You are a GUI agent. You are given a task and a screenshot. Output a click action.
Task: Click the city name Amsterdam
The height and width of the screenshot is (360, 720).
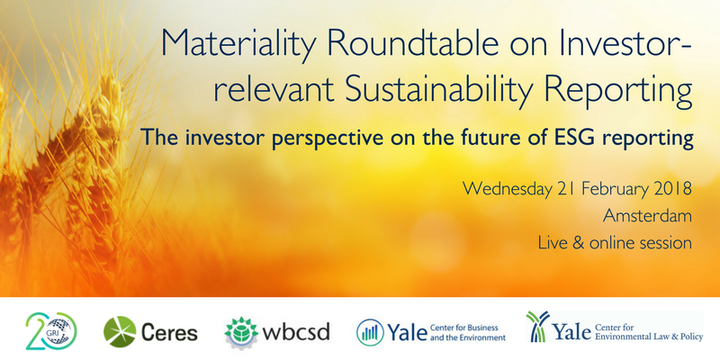point(647,216)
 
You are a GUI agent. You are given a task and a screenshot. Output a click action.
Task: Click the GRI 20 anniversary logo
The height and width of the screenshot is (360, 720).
point(51,331)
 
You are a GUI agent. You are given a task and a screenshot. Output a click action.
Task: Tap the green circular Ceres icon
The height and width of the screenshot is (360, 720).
point(120,331)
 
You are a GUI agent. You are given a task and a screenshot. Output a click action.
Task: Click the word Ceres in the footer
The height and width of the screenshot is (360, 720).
point(169,332)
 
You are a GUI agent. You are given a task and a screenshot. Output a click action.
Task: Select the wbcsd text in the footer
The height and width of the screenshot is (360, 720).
point(295,331)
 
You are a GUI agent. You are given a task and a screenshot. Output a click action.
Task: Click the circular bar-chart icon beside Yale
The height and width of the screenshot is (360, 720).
point(370,332)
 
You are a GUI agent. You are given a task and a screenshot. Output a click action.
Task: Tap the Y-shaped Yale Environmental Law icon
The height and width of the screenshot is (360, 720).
point(538,326)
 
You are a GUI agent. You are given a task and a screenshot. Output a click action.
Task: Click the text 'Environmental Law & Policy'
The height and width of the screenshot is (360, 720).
point(648,337)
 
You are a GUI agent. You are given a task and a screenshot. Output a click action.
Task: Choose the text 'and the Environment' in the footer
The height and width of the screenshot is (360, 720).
point(467,337)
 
